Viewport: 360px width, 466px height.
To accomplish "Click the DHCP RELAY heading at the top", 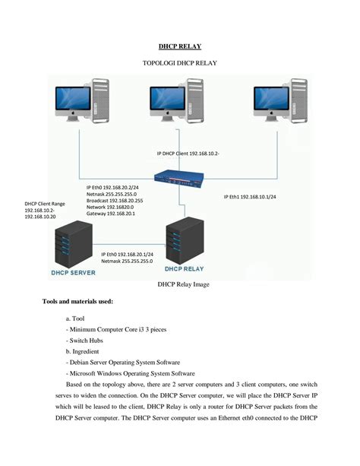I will click(x=179, y=46).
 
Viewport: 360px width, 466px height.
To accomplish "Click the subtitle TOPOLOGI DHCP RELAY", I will click(x=179, y=63).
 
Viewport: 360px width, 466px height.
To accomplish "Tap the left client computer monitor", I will click(x=72, y=102).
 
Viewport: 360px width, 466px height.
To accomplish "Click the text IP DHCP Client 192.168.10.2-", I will click(x=188, y=154).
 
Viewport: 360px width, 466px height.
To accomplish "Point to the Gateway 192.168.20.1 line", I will click(x=110, y=214).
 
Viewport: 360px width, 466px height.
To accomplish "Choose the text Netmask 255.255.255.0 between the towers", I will click(x=127, y=261).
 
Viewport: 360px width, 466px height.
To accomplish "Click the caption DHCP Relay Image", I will click(x=179, y=285).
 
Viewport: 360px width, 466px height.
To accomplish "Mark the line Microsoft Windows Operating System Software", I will click(x=131, y=375).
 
